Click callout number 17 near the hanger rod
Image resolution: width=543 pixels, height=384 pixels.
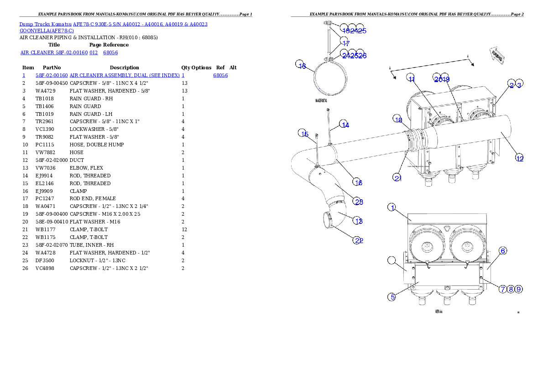345,43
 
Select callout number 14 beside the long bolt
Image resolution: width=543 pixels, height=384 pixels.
345,125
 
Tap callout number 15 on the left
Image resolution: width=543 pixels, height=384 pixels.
304,134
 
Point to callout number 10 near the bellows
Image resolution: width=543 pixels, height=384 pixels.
398,120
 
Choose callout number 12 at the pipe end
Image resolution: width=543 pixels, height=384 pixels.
519,158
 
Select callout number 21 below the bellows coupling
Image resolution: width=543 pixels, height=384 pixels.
398,177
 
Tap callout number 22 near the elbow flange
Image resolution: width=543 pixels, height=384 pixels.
358,240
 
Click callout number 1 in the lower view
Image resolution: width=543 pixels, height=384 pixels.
392,208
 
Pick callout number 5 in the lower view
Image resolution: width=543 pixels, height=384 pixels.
392,297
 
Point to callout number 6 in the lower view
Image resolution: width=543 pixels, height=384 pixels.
502,250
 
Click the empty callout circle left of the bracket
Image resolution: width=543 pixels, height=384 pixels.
392,260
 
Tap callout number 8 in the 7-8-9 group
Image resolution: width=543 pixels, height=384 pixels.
511,289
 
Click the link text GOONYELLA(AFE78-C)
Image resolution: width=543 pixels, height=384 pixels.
47,31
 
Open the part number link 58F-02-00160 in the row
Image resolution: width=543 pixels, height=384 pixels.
52,75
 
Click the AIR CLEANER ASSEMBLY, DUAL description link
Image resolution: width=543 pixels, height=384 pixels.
125,75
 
